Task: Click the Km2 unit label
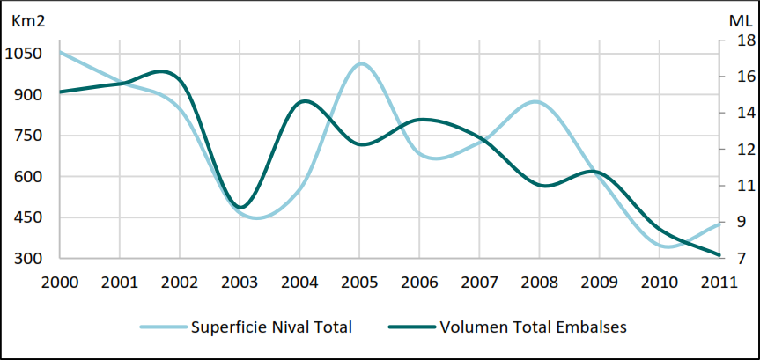pos(26,19)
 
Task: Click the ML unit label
pos(740,19)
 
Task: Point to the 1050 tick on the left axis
pos(23,53)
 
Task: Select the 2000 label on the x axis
pos(59,282)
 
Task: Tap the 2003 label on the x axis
pos(239,282)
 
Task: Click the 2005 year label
pos(358,282)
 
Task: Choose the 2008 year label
pos(538,282)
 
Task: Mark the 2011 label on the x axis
pos(718,282)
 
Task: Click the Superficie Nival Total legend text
pos(271,327)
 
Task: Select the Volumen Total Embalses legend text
pos(535,327)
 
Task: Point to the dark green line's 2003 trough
pos(239,208)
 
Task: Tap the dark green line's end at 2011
pos(719,255)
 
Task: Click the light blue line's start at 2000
pos(60,52)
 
